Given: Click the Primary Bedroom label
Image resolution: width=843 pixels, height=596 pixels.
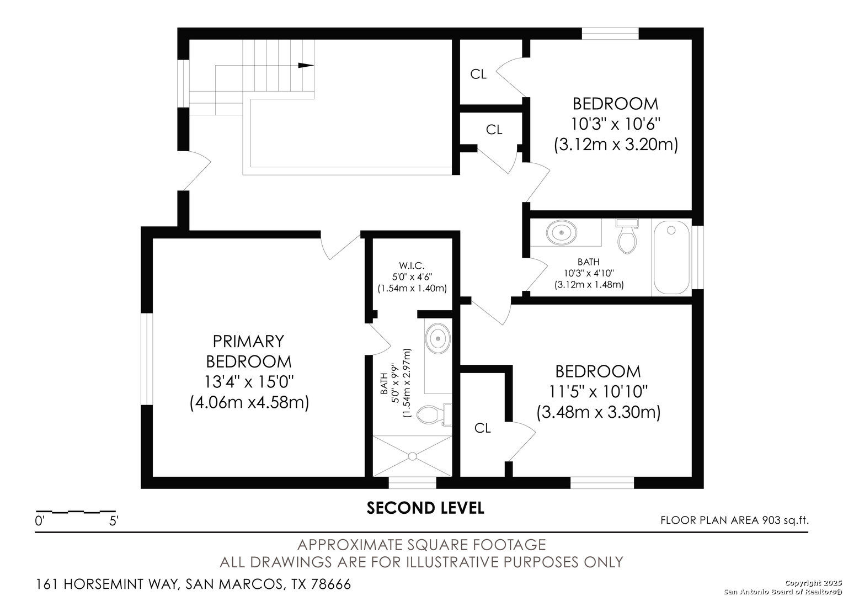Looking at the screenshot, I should (x=248, y=351).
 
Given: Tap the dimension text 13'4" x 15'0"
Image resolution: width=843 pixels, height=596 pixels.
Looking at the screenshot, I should (x=248, y=382).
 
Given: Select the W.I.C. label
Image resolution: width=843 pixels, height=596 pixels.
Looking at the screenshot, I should (x=412, y=266).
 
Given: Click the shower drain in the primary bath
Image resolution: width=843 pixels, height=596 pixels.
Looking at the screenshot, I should (x=412, y=456).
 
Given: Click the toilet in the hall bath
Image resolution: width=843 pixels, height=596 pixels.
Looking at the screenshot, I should (x=626, y=237).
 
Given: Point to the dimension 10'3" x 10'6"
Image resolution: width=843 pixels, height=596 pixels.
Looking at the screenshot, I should (x=615, y=124).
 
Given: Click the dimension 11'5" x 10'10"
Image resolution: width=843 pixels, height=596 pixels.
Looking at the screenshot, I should (x=598, y=391).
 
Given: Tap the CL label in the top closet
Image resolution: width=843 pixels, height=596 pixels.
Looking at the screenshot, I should (x=478, y=74).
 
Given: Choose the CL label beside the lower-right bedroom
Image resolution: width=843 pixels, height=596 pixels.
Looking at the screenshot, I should (x=483, y=428).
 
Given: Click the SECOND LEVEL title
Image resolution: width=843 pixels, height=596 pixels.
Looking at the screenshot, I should (x=425, y=508).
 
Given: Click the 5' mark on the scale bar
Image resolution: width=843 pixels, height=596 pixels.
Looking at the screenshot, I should (x=114, y=520).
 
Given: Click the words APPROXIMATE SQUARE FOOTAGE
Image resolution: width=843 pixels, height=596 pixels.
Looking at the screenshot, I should (x=421, y=545).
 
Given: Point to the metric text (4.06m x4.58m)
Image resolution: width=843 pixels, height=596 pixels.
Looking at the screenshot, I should (x=248, y=402).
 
